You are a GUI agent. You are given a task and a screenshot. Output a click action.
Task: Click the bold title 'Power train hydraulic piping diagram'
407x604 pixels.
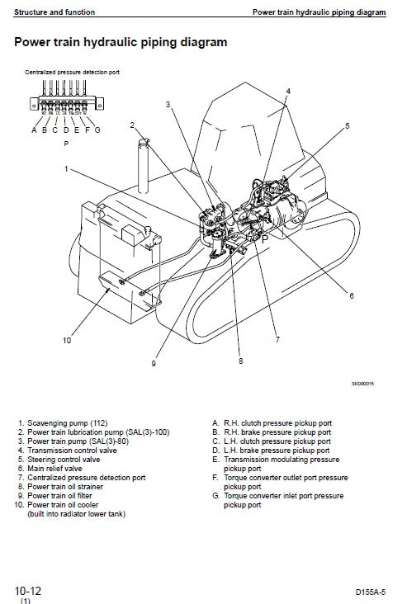point(121,41)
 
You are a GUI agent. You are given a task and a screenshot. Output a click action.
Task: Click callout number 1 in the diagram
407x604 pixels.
point(66,168)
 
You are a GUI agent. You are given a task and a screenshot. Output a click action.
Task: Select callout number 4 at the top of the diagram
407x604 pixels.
point(288,91)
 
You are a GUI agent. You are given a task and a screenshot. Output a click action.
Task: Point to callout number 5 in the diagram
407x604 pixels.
point(348,125)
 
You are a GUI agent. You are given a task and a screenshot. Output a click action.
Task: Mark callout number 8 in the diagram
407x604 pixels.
point(241,360)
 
